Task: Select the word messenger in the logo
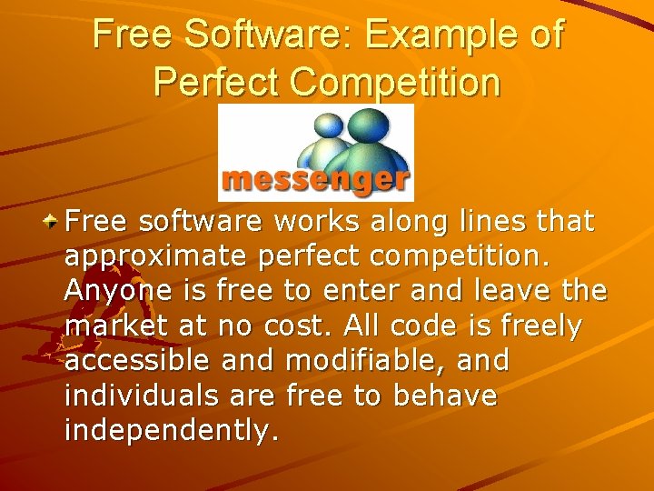(x=314, y=178)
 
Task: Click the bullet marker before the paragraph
(x=54, y=220)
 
